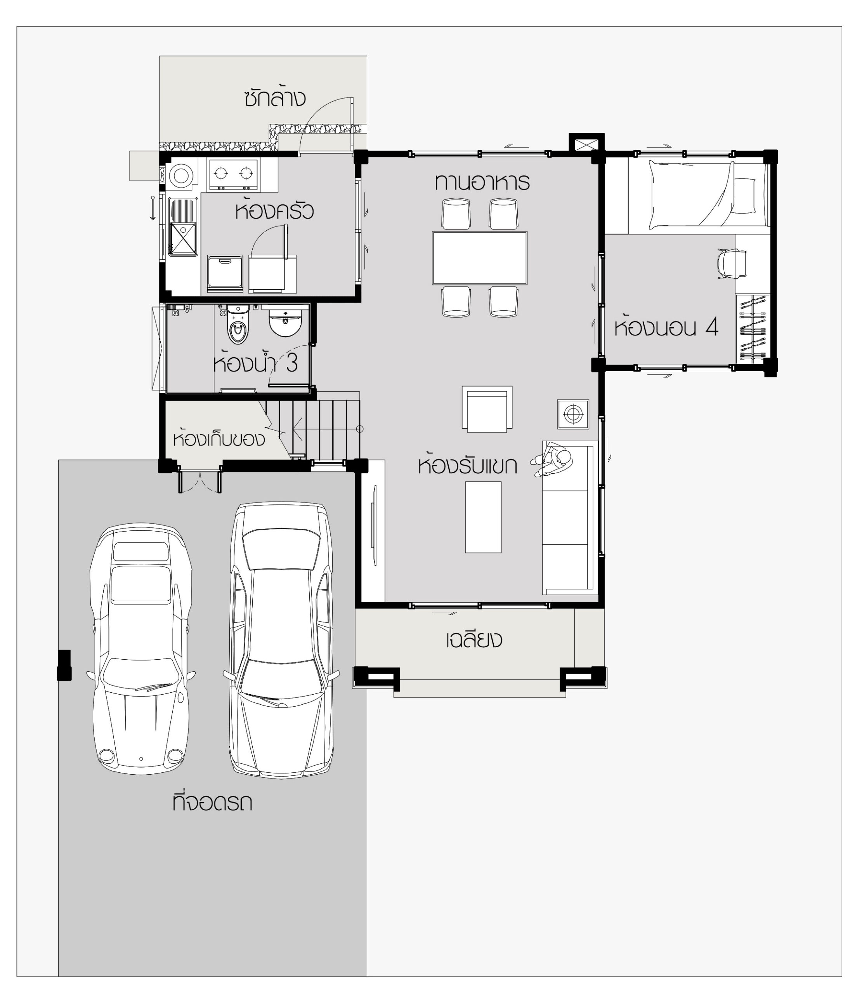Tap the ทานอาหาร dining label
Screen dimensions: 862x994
(x=482, y=182)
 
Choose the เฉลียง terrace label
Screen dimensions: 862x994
(x=474, y=639)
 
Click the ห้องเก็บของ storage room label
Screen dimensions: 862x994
(x=219, y=438)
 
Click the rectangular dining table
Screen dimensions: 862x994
(x=480, y=258)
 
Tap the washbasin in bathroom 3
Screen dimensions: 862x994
(x=285, y=322)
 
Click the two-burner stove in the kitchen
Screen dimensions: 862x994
(x=233, y=173)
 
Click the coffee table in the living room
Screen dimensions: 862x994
(x=483, y=517)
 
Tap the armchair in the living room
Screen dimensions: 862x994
(x=487, y=409)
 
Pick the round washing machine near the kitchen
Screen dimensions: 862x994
(x=181, y=174)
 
